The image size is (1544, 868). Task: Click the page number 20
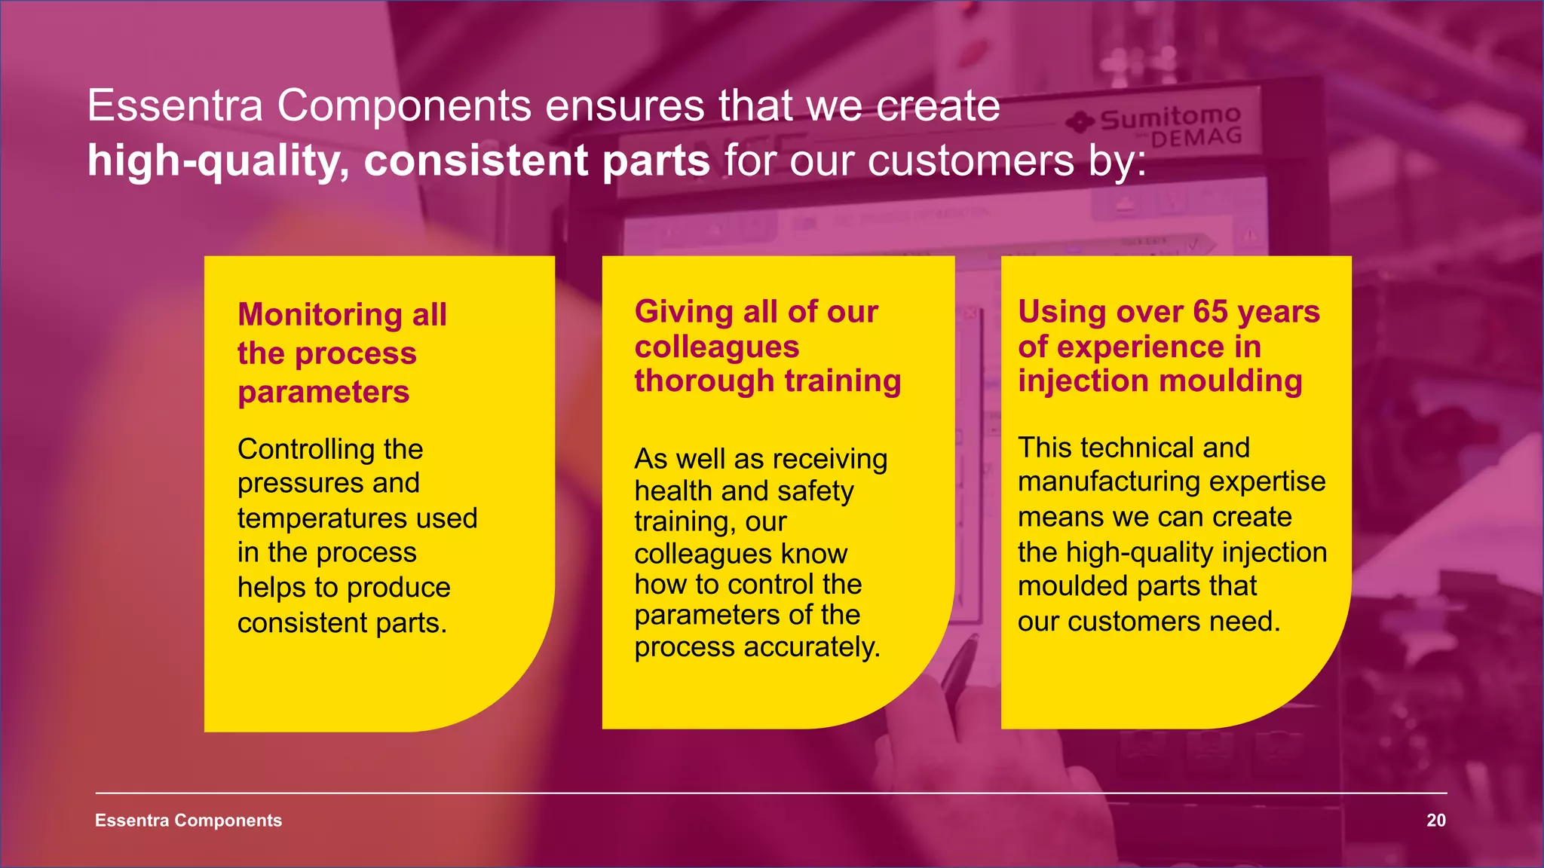pyautogui.click(x=1435, y=821)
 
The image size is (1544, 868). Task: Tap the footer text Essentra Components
pyautogui.click(x=188, y=821)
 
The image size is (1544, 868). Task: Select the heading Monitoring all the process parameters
pyautogui.click(x=342, y=353)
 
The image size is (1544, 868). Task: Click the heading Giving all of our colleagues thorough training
pyautogui.click(x=767, y=347)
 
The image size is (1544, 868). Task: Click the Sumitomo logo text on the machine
pyautogui.click(x=1169, y=118)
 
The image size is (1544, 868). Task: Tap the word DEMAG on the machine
pyautogui.click(x=1196, y=139)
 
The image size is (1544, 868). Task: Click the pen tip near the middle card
pyautogui.click(x=972, y=641)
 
